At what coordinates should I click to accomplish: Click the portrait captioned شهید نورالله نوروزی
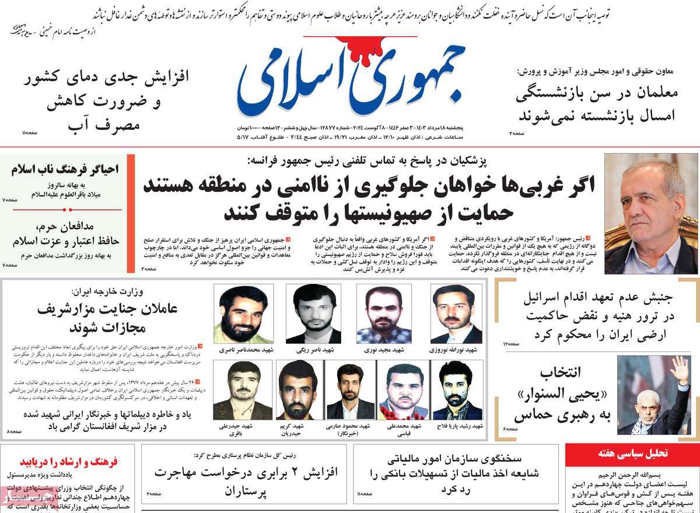click(457, 313)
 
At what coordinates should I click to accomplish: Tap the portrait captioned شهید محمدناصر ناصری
click(239, 313)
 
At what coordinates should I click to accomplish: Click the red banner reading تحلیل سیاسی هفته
click(632, 453)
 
